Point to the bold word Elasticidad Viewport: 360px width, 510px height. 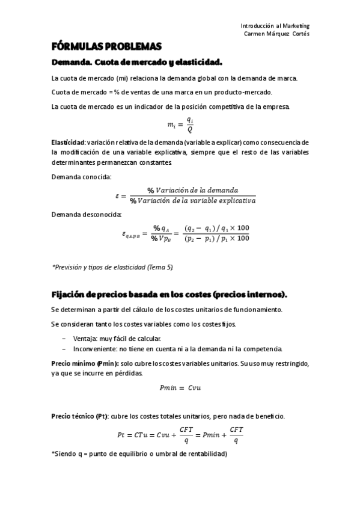[68, 143]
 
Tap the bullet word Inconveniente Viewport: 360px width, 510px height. [90, 349]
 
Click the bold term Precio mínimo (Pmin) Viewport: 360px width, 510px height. [85, 364]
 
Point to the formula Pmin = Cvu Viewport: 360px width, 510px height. [180, 388]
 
